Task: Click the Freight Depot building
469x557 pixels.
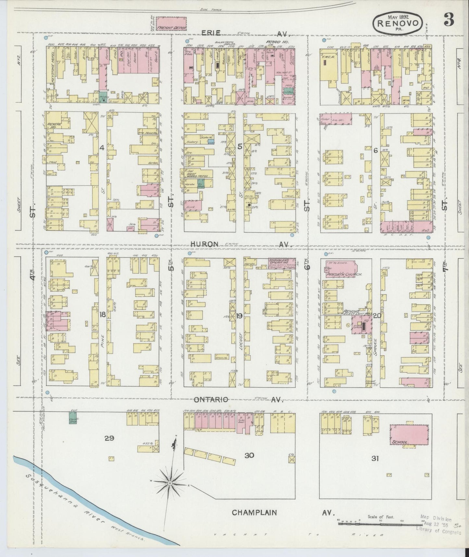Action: (x=172, y=24)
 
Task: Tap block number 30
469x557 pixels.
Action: (x=249, y=455)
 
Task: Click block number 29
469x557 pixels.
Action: (x=109, y=438)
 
